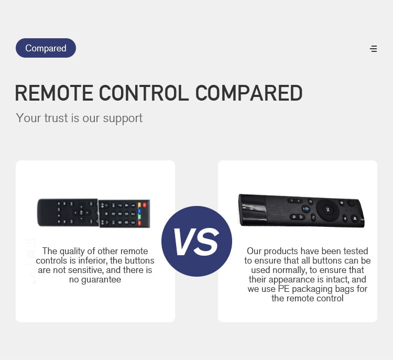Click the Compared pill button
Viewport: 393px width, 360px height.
tap(46, 48)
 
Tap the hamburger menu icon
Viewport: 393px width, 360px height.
tap(374, 49)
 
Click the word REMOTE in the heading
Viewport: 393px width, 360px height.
tap(54, 93)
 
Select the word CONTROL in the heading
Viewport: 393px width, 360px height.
tap(144, 93)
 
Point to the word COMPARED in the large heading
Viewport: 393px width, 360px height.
tap(248, 93)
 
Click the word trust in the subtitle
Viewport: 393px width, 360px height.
tap(56, 118)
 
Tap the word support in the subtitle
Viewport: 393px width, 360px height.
tap(123, 118)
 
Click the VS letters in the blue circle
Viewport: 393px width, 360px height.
tap(196, 242)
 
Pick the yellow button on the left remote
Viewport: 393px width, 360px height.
tap(139, 205)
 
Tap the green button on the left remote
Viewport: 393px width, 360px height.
tap(139, 216)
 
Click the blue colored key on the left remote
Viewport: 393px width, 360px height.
tap(139, 211)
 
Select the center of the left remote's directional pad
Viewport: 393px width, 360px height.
tap(81, 213)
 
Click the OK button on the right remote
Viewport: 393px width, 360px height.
tap(327, 210)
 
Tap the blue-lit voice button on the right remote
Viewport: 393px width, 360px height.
tap(305, 209)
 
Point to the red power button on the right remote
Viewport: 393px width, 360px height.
tap(352, 203)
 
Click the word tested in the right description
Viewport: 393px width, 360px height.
tap(356, 251)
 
